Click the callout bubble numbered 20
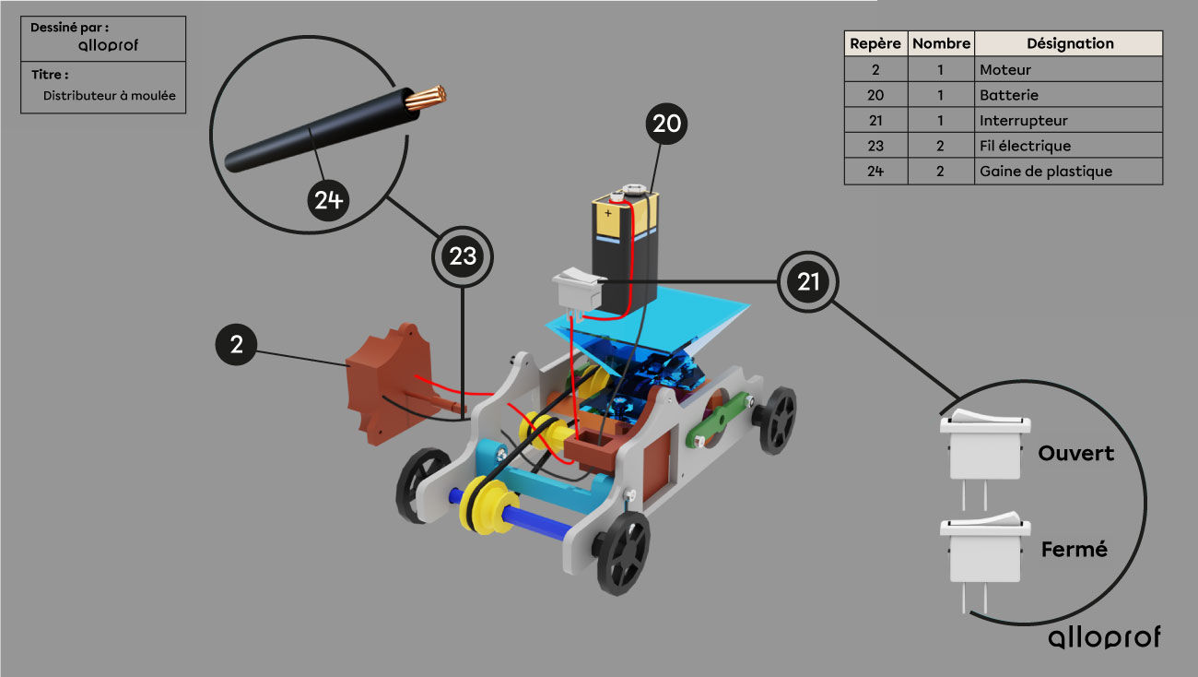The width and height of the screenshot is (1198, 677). click(666, 124)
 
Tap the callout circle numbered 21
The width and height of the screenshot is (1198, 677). click(807, 281)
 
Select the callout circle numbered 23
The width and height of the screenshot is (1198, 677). click(462, 256)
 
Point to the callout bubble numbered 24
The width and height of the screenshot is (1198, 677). click(328, 200)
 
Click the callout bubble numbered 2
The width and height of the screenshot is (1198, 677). click(236, 344)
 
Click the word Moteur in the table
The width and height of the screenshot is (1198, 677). click(1004, 70)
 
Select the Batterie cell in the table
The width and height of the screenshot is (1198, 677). click(1068, 95)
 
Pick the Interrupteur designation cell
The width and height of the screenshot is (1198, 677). click(1068, 120)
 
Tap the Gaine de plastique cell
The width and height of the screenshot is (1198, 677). click(1068, 172)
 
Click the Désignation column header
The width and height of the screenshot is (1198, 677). click(1069, 43)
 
